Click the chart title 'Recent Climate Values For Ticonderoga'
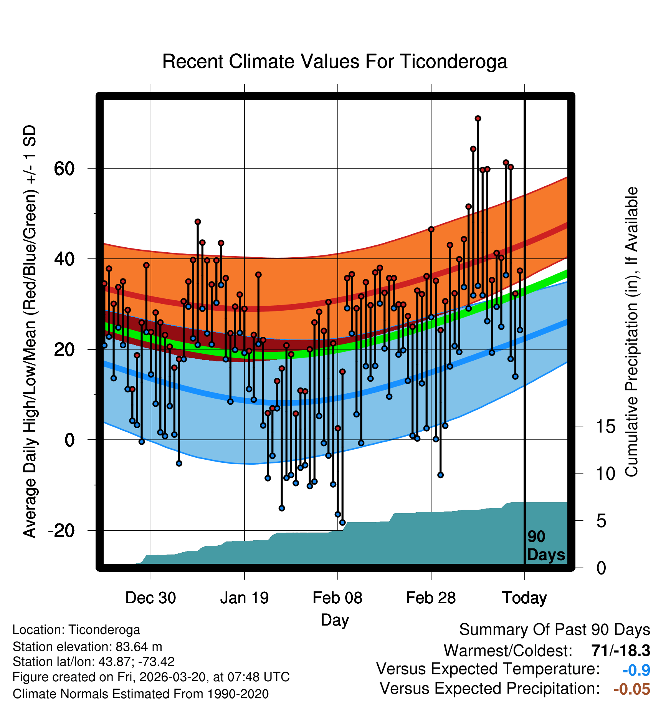[335, 61]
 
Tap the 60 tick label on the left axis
[64, 168]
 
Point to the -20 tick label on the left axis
[61, 530]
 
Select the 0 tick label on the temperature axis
[69, 440]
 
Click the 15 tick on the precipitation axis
[605, 427]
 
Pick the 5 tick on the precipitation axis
[601, 521]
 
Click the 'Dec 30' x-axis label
[150, 598]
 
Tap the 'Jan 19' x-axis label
[245, 598]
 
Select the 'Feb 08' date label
[337, 598]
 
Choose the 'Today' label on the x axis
[524, 598]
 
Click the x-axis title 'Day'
[335, 620]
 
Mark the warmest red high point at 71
[478, 119]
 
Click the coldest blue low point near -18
[342, 522]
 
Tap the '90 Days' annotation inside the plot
[545, 546]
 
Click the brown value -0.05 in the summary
[632, 689]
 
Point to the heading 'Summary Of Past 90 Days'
[554, 630]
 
